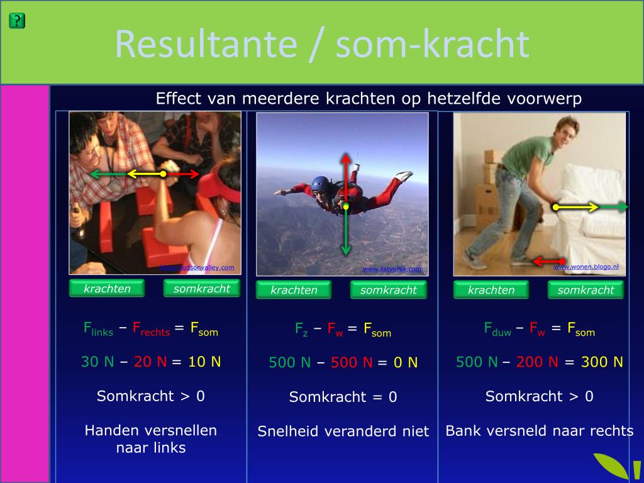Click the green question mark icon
coord(17,21)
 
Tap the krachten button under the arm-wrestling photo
coord(107,289)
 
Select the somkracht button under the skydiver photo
coord(388,290)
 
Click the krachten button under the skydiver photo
coord(294,290)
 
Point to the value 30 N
coord(97,362)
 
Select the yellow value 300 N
coord(601,362)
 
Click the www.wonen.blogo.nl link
coord(586,267)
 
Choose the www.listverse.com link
coord(392,269)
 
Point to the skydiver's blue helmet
coord(321,184)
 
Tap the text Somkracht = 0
coord(343,397)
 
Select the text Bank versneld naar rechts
coord(539,431)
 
